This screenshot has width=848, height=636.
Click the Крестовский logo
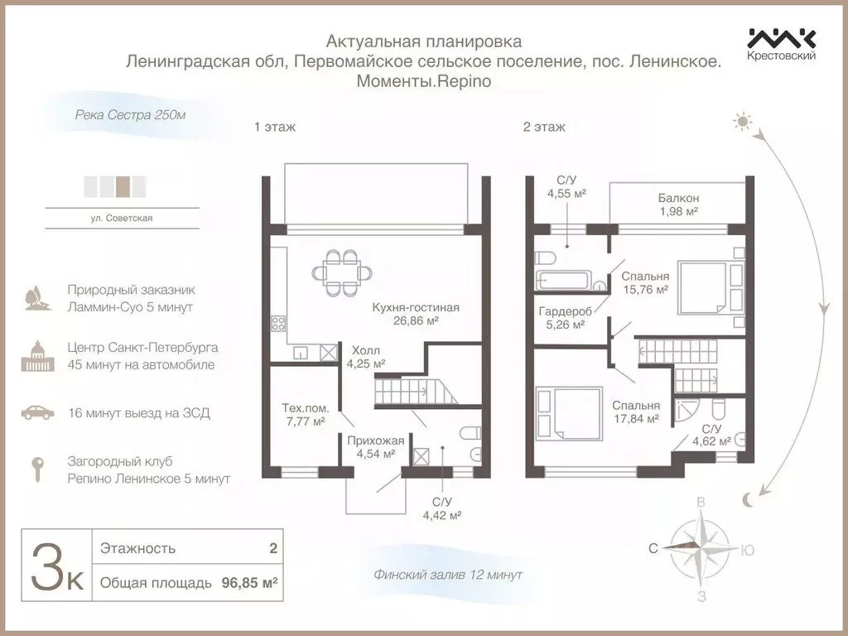click(782, 44)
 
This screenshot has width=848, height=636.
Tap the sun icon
click(740, 123)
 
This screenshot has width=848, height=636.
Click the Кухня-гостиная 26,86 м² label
click(416, 314)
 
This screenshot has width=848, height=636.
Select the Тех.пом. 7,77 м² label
click(306, 414)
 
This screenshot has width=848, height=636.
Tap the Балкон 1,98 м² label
click(678, 205)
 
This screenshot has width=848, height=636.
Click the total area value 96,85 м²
click(249, 583)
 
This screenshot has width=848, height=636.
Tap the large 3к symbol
click(57, 566)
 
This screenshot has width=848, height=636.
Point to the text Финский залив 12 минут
click(447, 574)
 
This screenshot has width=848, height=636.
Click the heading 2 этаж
click(544, 127)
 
